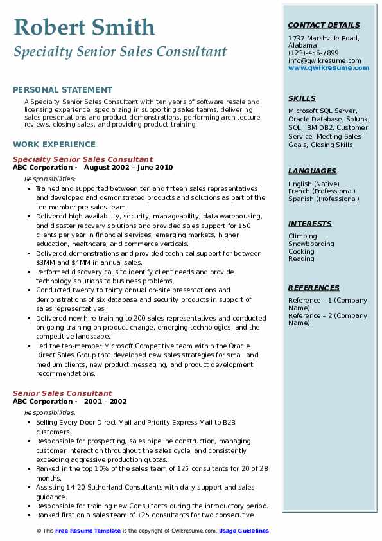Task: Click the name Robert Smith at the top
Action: (x=83, y=27)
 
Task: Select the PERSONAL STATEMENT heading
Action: (x=62, y=90)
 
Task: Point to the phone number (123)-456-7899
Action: (x=313, y=53)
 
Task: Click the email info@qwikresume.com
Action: (x=324, y=61)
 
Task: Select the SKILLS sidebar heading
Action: (x=302, y=98)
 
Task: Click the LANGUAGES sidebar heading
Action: (x=312, y=171)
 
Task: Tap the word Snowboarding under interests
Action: (x=311, y=244)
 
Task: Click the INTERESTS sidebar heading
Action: (x=310, y=224)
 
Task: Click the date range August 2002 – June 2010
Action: (x=128, y=168)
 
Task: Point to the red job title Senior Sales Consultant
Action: (x=62, y=393)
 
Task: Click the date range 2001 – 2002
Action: (x=105, y=402)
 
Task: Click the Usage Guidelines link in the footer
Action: (x=244, y=531)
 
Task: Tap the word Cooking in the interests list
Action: (x=302, y=251)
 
